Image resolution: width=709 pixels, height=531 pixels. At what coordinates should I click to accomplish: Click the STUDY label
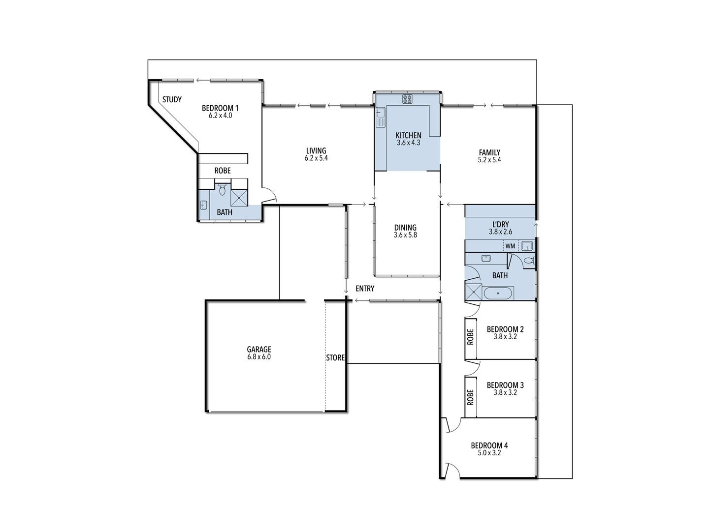click(172, 100)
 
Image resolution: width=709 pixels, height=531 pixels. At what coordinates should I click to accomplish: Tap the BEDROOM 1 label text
click(220, 108)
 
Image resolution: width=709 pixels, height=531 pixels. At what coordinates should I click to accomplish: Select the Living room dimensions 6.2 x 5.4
click(316, 159)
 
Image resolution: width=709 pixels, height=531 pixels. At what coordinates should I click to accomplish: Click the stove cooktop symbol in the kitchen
click(407, 99)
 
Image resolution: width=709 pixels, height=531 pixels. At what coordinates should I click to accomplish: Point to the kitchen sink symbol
click(380, 118)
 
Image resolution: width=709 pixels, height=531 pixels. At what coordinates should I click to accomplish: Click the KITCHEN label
click(409, 135)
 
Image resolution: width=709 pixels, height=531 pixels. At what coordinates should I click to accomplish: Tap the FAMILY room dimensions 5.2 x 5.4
click(489, 160)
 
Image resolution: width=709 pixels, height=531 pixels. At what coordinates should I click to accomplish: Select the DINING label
click(405, 228)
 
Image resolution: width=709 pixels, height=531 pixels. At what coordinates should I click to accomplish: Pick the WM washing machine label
click(510, 246)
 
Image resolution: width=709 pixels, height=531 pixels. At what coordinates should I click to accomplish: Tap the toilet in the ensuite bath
click(222, 189)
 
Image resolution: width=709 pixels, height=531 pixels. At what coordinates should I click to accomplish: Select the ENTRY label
click(365, 289)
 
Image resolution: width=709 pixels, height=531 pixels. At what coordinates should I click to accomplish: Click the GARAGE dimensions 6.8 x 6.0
click(259, 357)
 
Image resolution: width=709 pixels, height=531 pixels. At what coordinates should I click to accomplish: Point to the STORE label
click(335, 358)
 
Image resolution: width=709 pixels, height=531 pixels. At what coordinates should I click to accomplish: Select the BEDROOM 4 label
click(489, 446)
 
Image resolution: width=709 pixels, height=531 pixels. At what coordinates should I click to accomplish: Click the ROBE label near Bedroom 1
click(223, 171)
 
